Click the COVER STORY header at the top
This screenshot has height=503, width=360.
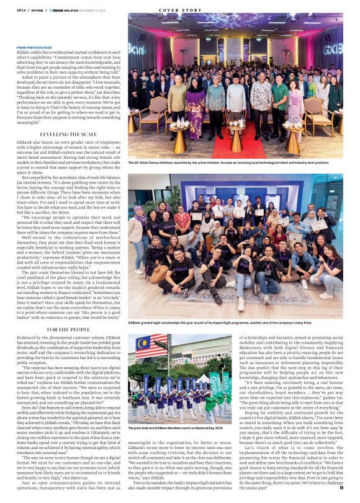180,11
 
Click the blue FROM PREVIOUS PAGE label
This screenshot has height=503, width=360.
34,47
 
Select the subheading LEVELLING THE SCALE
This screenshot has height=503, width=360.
68,134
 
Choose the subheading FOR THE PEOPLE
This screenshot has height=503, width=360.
68,329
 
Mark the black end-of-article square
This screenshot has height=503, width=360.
341,489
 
